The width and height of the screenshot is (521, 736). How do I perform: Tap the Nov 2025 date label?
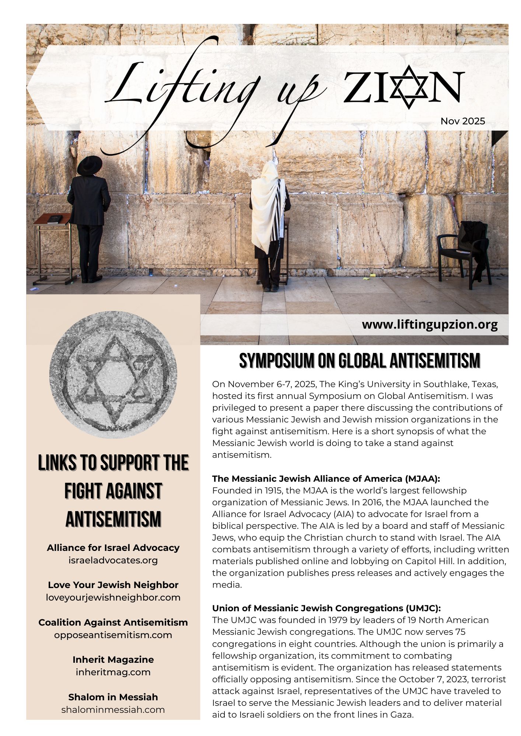click(x=463, y=121)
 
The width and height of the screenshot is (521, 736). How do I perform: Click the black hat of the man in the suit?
click(x=90, y=165)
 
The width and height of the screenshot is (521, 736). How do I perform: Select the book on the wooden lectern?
click(x=54, y=219)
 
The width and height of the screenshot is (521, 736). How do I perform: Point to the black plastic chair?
click(x=462, y=252)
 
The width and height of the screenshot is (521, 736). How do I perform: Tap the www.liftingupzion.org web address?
click(x=430, y=325)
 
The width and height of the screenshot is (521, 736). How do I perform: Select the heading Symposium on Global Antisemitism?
click(x=360, y=361)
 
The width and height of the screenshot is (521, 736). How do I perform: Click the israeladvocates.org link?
click(x=113, y=560)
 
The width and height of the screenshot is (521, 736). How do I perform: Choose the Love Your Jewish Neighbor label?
click(x=113, y=585)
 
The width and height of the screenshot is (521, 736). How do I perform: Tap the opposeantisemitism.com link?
click(x=113, y=635)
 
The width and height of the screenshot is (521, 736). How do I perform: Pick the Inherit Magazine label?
click(x=113, y=659)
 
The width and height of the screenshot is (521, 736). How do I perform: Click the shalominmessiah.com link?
click(x=113, y=710)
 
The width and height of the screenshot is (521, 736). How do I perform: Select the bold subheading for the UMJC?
click(x=326, y=608)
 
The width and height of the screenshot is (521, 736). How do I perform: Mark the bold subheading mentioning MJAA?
click(x=326, y=479)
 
